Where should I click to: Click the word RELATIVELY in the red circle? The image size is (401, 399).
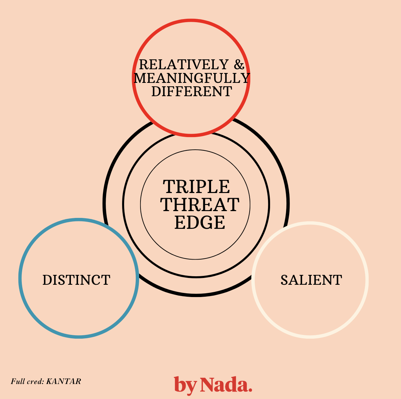[x=183, y=64]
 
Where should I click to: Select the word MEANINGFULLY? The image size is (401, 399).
[x=192, y=78]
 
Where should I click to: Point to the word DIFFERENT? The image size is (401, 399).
[x=192, y=91]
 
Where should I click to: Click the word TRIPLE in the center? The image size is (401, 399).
[x=196, y=187]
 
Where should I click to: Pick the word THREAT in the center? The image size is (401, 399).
[x=200, y=205]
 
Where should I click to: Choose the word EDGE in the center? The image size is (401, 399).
[x=200, y=222]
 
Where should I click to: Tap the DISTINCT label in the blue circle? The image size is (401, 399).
[x=76, y=280]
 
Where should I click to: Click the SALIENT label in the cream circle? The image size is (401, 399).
[x=311, y=280]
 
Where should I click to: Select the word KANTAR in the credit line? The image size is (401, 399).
[x=63, y=381]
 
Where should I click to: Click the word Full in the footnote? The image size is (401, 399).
[x=18, y=381]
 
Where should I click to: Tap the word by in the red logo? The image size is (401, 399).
[x=185, y=385]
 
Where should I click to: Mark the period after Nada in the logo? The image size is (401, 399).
[x=250, y=389]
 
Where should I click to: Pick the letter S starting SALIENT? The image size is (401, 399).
[x=284, y=280]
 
